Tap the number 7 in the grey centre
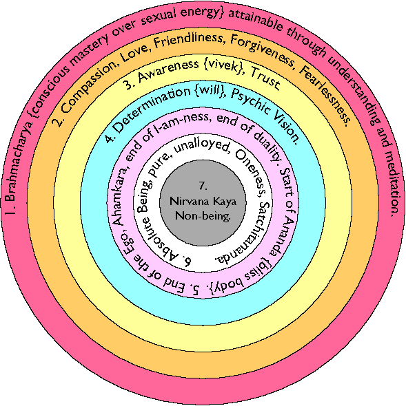tap(203, 186)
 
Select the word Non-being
tap(203, 215)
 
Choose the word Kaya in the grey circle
tap(225, 202)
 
